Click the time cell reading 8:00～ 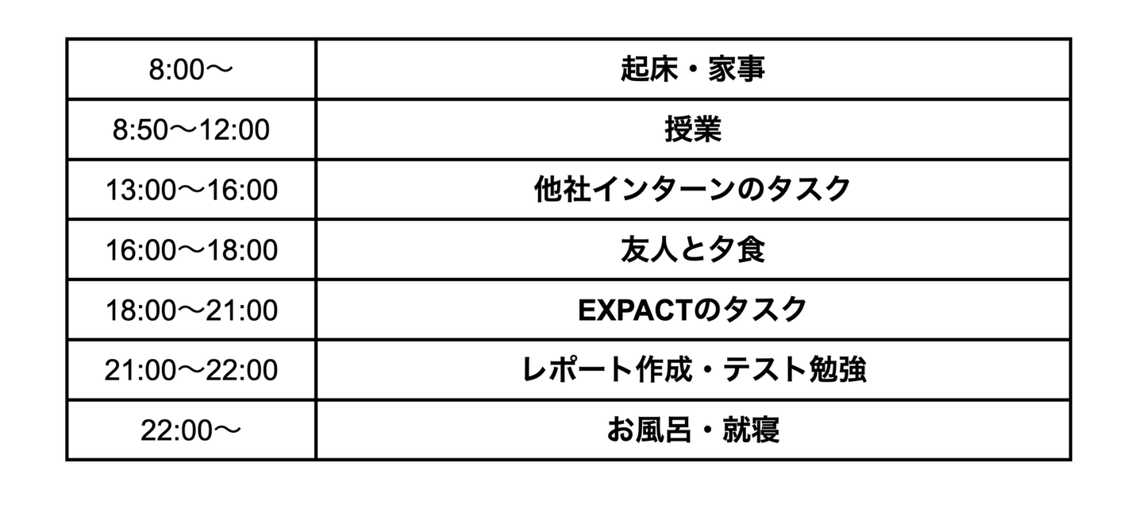(190, 69)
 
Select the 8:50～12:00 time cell (190, 129)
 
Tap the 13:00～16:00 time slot (191, 190)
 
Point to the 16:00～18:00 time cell (191, 250)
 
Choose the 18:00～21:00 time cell (191, 310)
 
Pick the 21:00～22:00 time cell (191, 370)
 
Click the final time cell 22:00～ (190, 430)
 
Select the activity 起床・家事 (693, 69)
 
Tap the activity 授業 (693, 129)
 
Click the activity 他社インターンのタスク (693, 190)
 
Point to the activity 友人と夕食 (693, 250)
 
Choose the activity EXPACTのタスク (693, 310)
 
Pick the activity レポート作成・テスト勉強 (693, 370)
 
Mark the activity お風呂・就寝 (693, 430)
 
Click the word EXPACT (635, 310)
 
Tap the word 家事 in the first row (737, 69)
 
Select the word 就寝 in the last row (751, 430)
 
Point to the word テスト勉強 (795, 370)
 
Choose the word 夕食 (737, 250)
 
